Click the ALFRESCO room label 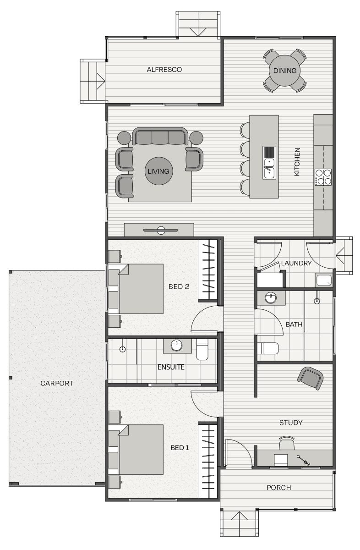pos(164,70)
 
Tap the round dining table pos(285,71)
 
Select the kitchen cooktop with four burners pos(323,177)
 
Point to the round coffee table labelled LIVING pos(158,171)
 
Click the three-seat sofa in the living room pos(160,136)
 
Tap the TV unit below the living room pos(159,230)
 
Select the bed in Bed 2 pos(141,289)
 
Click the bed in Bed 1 pos(141,450)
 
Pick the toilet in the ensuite pos(202,349)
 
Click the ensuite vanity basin pos(176,346)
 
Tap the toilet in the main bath pos(267,348)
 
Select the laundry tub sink pos(324,280)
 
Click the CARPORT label pos(57,383)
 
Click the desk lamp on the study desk pos(303,460)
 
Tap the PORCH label pos(279,487)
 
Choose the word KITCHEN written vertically pos(297,161)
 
